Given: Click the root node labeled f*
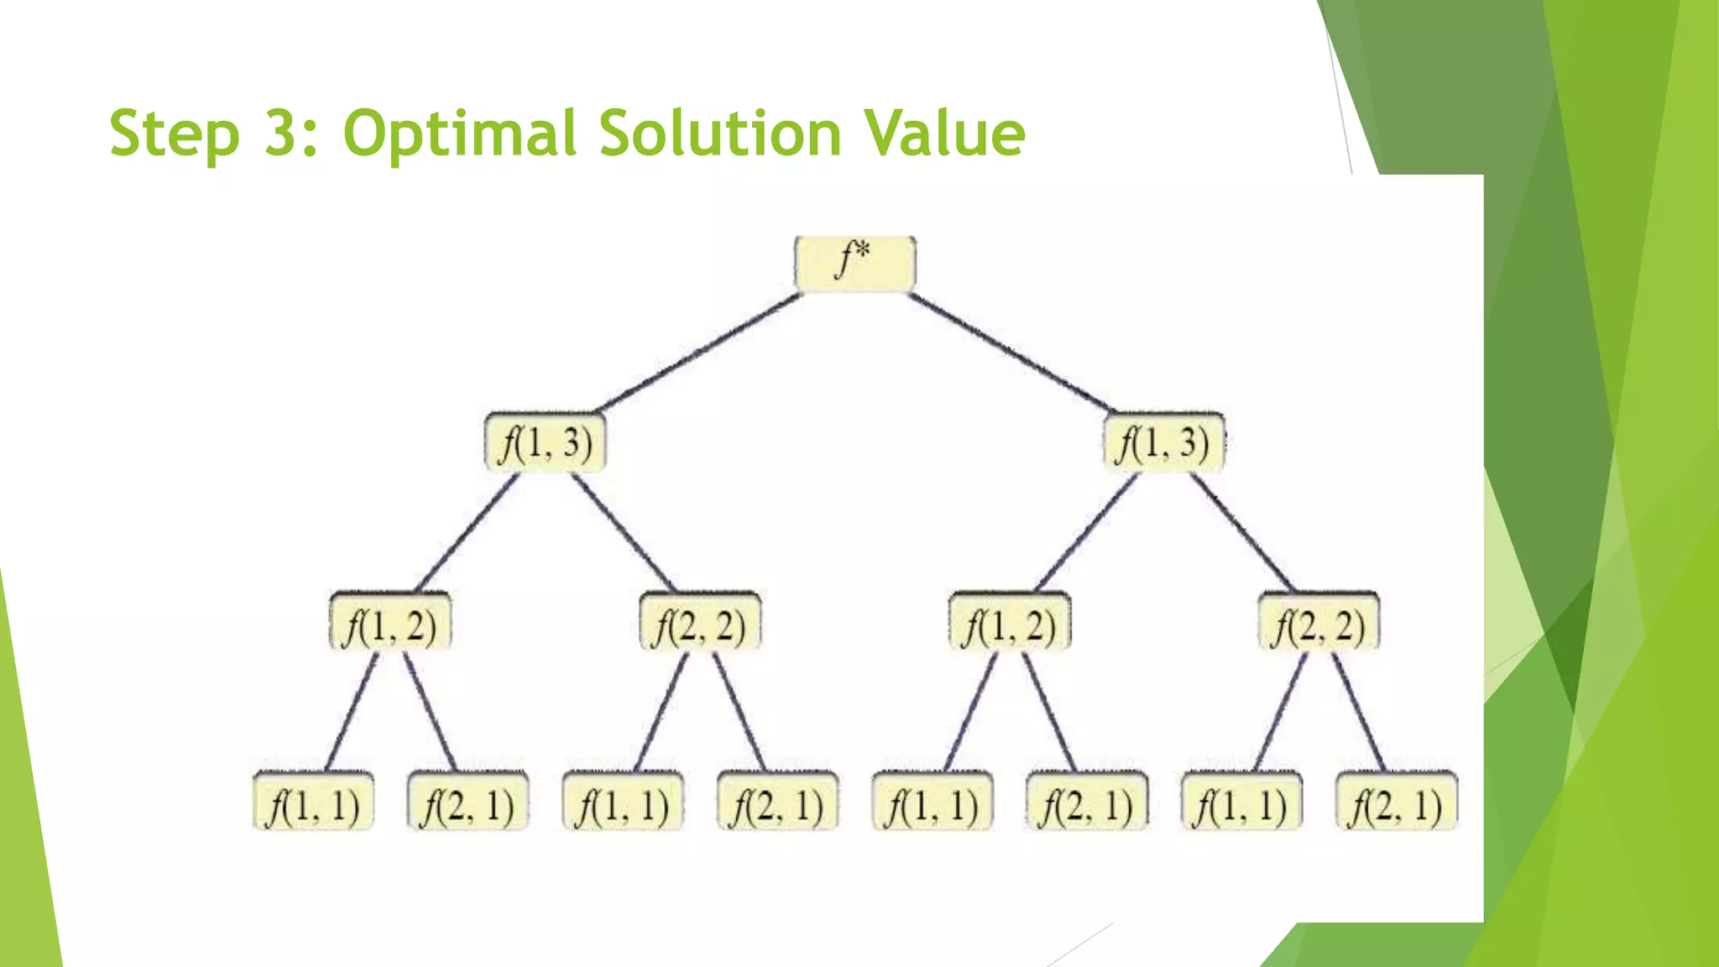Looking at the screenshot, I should tap(854, 264).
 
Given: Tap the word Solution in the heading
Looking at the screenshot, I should tap(720, 133).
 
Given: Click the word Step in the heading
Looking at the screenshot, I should tap(174, 134).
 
